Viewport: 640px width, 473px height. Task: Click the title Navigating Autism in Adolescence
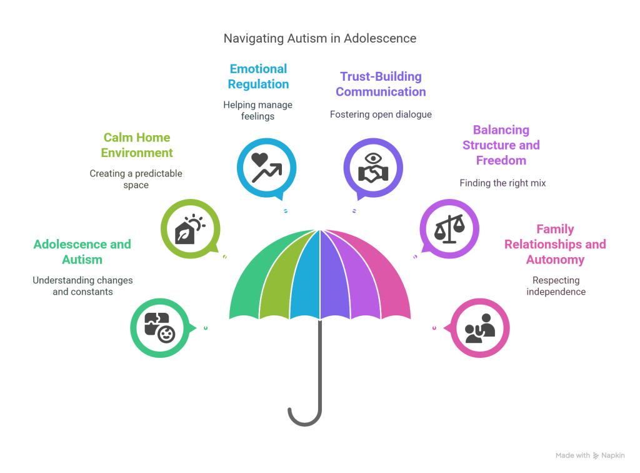[x=320, y=39]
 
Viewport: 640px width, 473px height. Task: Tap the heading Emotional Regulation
[x=258, y=76]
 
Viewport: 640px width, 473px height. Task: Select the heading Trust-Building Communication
[x=381, y=84]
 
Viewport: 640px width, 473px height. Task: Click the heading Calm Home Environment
[x=137, y=145]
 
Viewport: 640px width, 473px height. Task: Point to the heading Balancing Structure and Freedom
[x=501, y=145]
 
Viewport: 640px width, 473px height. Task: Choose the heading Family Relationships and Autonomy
[x=556, y=244]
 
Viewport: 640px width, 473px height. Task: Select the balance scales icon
[x=449, y=228]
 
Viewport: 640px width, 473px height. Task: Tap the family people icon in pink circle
[x=480, y=328]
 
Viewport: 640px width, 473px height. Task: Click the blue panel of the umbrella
[x=307, y=275]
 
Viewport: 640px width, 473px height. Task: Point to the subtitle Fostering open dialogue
[x=381, y=114]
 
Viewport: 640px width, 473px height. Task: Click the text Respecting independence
[x=556, y=286]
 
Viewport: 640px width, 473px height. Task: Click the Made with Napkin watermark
[x=590, y=455]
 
